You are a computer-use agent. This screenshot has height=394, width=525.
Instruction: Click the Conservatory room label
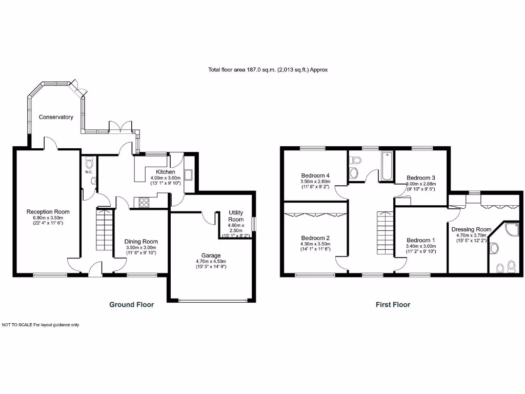pyautogui.click(x=56, y=117)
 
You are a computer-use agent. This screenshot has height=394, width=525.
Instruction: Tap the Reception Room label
pyautogui.click(x=48, y=211)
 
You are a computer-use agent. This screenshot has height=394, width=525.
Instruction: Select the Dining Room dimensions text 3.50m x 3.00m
pyautogui.click(x=141, y=247)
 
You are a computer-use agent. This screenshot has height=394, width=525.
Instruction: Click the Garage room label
pyautogui.click(x=211, y=255)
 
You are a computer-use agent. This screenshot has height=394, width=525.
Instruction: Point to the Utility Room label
pyautogui.click(x=236, y=216)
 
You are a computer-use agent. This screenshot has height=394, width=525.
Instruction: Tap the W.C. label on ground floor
pyautogui.click(x=88, y=172)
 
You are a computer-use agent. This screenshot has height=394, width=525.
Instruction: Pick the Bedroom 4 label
pyautogui.click(x=315, y=175)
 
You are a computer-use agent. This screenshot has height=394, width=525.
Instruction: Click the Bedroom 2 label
pyautogui.click(x=315, y=238)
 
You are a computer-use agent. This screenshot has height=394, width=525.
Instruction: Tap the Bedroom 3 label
pyautogui.click(x=420, y=178)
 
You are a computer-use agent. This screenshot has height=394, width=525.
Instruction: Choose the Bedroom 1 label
pyautogui.click(x=420, y=240)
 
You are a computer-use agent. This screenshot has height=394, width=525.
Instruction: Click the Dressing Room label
pyautogui.click(x=471, y=229)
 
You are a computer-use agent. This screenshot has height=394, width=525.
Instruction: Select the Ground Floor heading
pyautogui.click(x=131, y=304)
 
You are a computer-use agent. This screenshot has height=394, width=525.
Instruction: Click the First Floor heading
pyautogui.click(x=393, y=304)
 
